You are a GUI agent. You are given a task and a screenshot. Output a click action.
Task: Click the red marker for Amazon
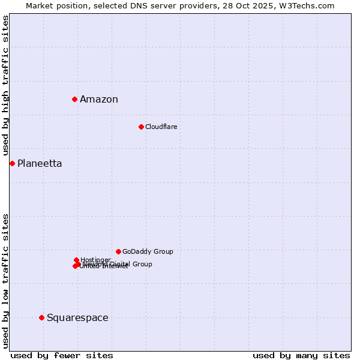click(74, 99)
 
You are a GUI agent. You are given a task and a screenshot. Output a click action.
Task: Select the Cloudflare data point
click(141, 127)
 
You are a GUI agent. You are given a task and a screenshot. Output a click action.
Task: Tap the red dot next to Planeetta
click(12, 163)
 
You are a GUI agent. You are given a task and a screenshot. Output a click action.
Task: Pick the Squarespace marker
click(41, 317)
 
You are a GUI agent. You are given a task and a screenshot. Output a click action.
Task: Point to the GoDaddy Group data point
click(118, 251)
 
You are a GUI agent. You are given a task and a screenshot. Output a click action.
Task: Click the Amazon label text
click(99, 100)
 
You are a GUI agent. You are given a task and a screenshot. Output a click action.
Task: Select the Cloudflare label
click(161, 127)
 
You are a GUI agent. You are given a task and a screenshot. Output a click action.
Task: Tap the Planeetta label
click(40, 164)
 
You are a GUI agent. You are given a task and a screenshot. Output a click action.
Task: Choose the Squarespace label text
click(77, 318)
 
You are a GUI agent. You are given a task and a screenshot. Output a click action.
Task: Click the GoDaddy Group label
click(148, 251)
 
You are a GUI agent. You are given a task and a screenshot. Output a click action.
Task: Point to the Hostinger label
click(95, 260)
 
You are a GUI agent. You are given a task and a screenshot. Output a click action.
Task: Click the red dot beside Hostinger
click(76, 260)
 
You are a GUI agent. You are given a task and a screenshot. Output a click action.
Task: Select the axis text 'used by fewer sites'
click(62, 355)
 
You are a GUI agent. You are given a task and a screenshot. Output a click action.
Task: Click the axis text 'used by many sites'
click(301, 355)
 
